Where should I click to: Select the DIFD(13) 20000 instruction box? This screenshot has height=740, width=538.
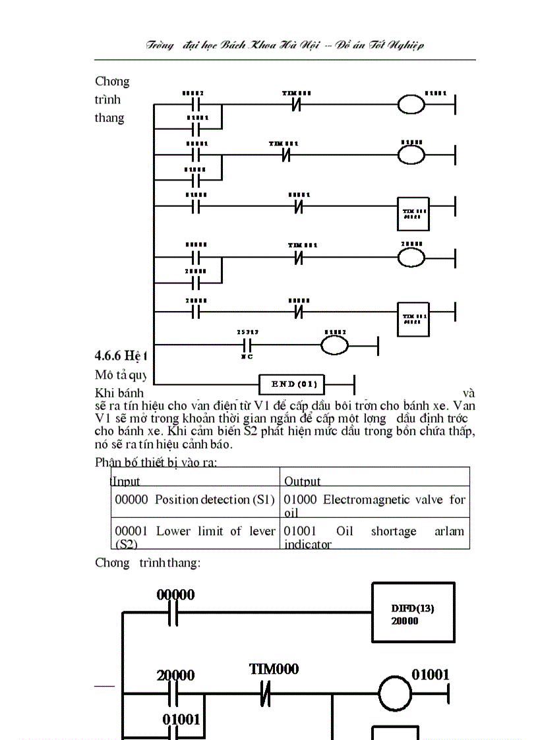coord(413,614)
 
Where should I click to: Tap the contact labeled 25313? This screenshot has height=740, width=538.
coord(248,345)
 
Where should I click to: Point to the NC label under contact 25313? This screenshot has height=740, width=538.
coord(247,356)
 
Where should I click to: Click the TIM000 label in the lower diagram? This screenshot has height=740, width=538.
coord(274,669)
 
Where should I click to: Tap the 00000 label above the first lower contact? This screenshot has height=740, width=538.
coord(175,595)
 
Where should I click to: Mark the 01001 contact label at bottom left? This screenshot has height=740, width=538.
coord(181,720)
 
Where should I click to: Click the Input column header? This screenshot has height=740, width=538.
coord(127,481)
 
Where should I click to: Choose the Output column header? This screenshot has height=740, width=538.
coord(302,481)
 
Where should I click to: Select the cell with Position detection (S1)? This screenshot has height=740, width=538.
coord(194,499)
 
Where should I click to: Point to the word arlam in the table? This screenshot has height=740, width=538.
coord(449,531)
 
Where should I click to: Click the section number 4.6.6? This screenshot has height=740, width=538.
coord(109,356)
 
